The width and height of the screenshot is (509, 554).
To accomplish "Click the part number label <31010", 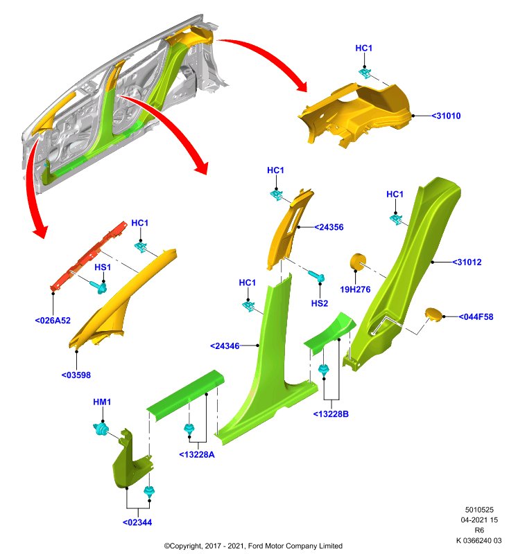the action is (x=446, y=116).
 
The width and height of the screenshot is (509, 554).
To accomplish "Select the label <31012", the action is (x=467, y=262).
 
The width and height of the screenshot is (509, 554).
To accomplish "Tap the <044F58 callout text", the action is (x=476, y=317).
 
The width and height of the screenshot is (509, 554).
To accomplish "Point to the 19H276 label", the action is (x=355, y=289).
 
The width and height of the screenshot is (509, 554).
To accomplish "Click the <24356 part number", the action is (x=329, y=227).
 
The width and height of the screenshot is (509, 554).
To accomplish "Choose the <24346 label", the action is (x=225, y=346).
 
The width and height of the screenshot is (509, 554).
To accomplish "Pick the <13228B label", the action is (x=331, y=414).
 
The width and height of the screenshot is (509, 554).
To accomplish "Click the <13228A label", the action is (x=197, y=455).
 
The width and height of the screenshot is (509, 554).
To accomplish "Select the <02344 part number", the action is (x=137, y=523).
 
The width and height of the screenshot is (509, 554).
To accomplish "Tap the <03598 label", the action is (x=76, y=375).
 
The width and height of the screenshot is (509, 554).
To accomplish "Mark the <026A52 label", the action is (x=53, y=321).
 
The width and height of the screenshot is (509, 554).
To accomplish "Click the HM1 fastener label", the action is (x=102, y=402).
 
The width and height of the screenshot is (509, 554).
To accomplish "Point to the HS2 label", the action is (x=320, y=303).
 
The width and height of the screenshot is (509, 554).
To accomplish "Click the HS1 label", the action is (x=103, y=267).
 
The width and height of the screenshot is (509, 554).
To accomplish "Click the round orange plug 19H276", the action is (x=358, y=262).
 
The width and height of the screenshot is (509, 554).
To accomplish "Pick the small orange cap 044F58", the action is (x=433, y=314).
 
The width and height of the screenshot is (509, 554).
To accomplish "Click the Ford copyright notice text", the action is (x=253, y=546).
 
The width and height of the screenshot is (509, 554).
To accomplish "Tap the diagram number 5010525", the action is (x=479, y=510).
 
